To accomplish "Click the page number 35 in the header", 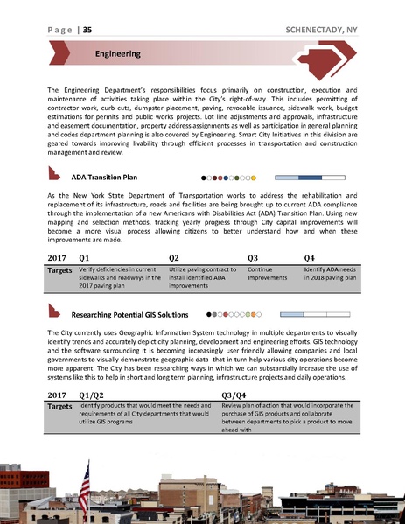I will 88,30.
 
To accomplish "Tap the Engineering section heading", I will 118,54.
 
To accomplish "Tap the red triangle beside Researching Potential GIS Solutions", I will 56,311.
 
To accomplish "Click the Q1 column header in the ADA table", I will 85,258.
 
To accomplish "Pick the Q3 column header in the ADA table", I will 254,258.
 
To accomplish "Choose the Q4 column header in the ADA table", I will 309,258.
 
